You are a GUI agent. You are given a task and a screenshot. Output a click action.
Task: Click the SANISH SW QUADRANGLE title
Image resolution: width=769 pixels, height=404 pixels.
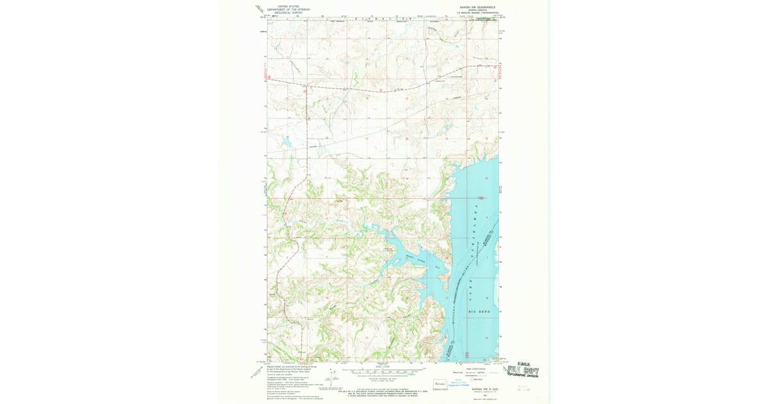pos(472,8)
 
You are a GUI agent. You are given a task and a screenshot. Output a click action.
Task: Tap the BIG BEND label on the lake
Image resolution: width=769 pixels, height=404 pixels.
pos(479,312)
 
